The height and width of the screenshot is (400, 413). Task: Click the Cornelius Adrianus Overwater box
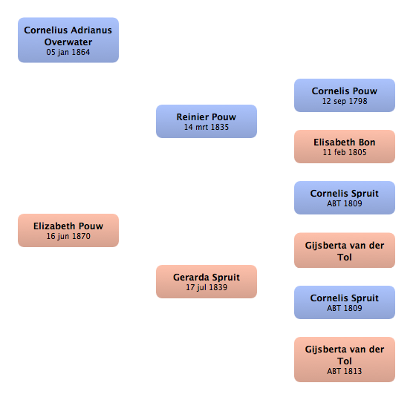pyautogui.click(x=68, y=40)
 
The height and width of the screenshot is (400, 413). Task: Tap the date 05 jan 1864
pyautogui.click(x=68, y=52)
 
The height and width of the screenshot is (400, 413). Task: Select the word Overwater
pyautogui.click(x=68, y=42)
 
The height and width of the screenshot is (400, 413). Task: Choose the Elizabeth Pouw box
pyautogui.click(x=68, y=230)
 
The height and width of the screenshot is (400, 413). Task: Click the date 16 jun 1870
pyautogui.click(x=68, y=236)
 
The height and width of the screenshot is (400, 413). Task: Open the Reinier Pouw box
pyautogui.click(x=206, y=121)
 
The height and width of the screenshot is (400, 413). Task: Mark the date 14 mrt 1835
pyautogui.click(x=206, y=127)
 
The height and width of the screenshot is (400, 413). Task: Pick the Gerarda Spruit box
pyautogui.click(x=206, y=281)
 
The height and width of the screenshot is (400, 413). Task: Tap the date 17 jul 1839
pyautogui.click(x=206, y=287)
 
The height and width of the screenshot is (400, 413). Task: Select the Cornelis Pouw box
pyautogui.click(x=345, y=95)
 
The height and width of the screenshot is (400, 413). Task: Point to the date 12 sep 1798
pyautogui.click(x=345, y=101)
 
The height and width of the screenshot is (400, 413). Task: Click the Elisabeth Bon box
pyautogui.click(x=345, y=147)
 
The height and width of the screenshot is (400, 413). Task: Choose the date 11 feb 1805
pyautogui.click(x=345, y=152)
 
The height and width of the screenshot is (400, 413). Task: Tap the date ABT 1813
pyautogui.click(x=345, y=371)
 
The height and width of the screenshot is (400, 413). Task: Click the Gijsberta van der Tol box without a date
pyautogui.click(x=345, y=250)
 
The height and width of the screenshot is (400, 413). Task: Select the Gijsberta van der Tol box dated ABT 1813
pyautogui.click(x=345, y=359)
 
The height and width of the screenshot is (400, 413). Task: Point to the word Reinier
pyautogui.click(x=192, y=117)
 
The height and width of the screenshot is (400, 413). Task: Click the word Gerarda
pyautogui.click(x=191, y=277)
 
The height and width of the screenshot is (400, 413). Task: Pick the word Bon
pyautogui.click(x=367, y=142)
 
